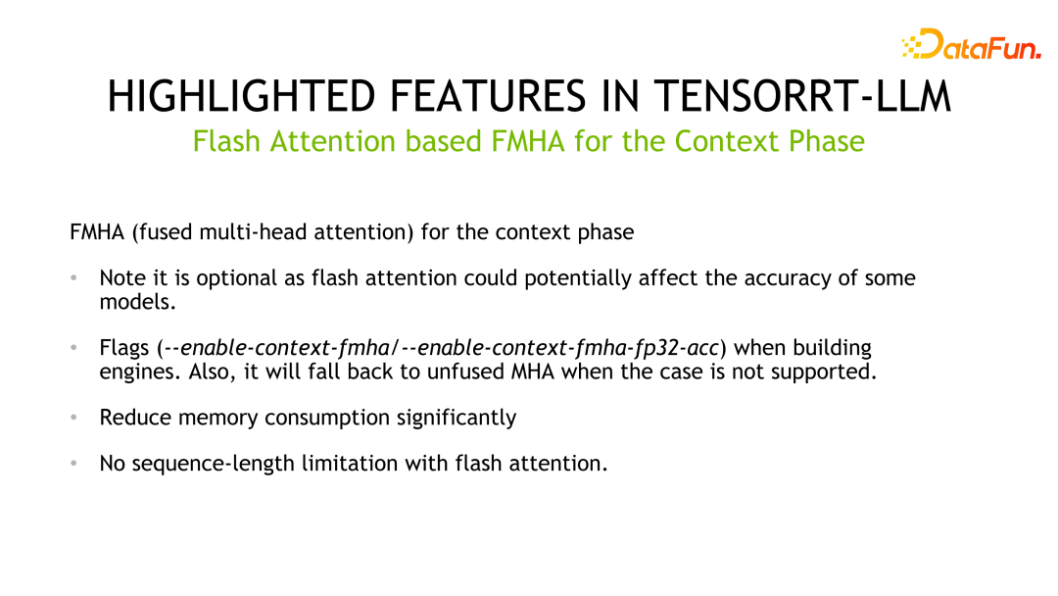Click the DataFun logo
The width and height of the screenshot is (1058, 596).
coord(970,44)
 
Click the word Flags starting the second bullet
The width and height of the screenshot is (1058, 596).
coord(125,348)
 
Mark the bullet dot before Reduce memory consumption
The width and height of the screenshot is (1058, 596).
coord(73,418)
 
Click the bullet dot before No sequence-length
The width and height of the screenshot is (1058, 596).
coord(73,463)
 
